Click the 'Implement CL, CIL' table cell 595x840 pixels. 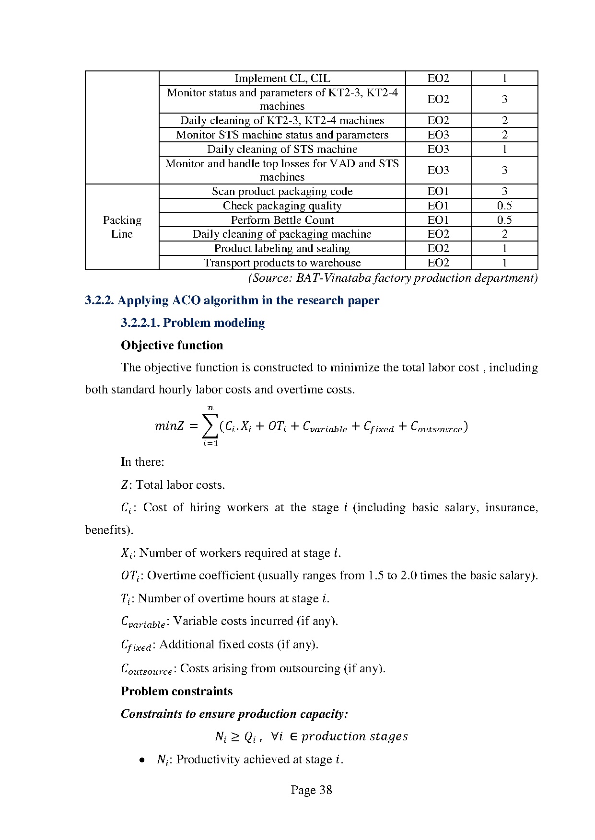pyautogui.click(x=282, y=78)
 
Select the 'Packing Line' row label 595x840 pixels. pyautogui.click(x=122, y=227)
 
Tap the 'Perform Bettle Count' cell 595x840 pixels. pyautogui.click(x=282, y=220)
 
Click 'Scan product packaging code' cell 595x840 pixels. pyautogui.click(x=282, y=191)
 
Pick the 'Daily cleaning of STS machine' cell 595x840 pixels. pyautogui.click(x=282, y=149)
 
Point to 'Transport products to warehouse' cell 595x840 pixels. pyautogui.click(x=282, y=263)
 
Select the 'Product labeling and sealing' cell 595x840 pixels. pyautogui.click(x=282, y=248)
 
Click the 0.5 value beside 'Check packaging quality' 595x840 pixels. pyautogui.click(x=504, y=206)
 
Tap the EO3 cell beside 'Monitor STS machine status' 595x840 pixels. pyautogui.click(x=438, y=135)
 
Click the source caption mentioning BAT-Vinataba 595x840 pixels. pyautogui.click(x=392, y=278)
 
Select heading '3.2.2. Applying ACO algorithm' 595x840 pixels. pyautogui.click(x=232, y=300)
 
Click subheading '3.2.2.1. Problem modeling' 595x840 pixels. pyautogui.click(x=193, y=322)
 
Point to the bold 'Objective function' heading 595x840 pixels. pyautogui.click(x=172, y=345)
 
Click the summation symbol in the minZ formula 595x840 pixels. pyautogui.click(x=210, y=426)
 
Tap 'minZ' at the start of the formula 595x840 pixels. pyautogui.click(x=169, y=426)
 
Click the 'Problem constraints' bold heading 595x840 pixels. pyautogui.click(x=176, y=691)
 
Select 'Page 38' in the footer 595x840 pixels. pyautogui.click(x=311, y=790)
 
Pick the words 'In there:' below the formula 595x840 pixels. pyautogui.click(x=142, y=462)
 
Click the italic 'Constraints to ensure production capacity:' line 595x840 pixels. pyautogui.click(x=234, y=714)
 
